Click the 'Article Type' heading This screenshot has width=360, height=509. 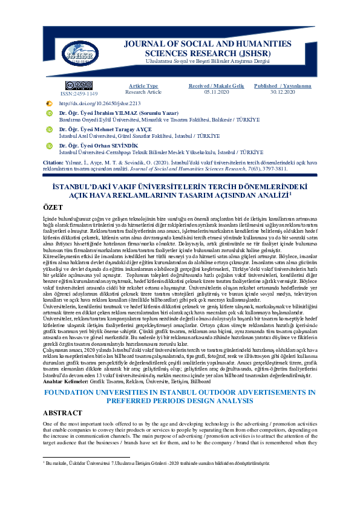click(143, 86)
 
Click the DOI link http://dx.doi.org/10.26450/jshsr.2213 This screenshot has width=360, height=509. click(99, 103)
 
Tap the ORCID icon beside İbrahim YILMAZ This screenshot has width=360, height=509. click(50, 114)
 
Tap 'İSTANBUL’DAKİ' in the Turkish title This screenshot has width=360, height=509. click(88, 188)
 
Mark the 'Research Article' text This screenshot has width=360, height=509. click(143, 92)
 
